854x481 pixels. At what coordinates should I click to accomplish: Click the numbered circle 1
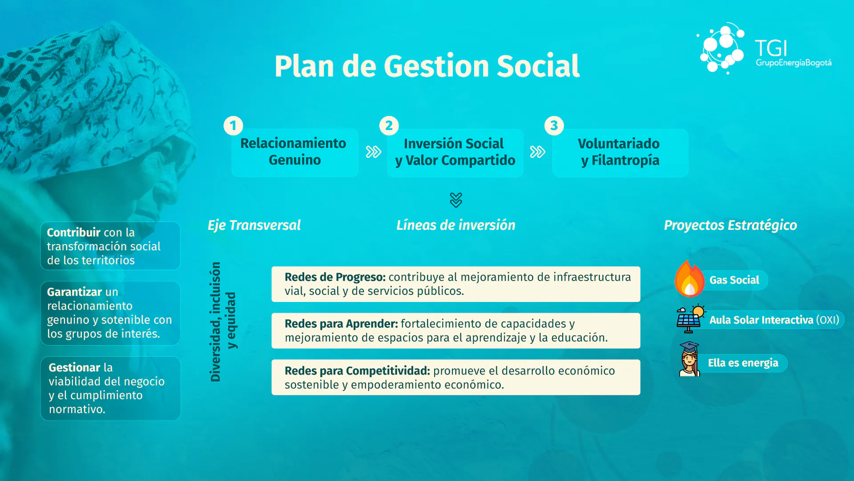click(x=233, y=126)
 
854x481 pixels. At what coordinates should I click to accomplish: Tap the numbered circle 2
click(x=389, y=126)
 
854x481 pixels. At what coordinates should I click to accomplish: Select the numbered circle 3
click(x=554, y=126)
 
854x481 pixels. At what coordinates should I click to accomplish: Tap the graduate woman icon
click(x=689, y=359)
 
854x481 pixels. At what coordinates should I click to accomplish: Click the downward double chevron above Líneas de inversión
click(x=456, y=200)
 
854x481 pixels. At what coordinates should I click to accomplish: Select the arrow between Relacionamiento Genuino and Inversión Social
click(x=374, y=152)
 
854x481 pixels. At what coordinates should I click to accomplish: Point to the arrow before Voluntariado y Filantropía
click(x=537, y=152)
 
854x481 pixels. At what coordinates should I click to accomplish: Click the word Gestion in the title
click(x=436, y=66)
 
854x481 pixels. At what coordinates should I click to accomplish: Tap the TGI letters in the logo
click(x=771, y=48)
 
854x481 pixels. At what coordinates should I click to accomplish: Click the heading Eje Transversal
click(x=254, y=225)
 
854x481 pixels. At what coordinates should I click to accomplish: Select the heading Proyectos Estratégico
click(x=730, y=225)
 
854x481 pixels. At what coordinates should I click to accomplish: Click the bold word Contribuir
click(x=73, y=232)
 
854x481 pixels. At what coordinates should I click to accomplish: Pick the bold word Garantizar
click(x=74, y=292)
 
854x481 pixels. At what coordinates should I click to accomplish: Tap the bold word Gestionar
click(x=74, y=367)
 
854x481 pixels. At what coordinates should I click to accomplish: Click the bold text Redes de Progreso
click(x=335, y=277)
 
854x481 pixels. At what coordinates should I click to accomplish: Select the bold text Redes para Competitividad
click(x=357, y=371)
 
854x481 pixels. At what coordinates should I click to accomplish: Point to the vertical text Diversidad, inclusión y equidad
click(x=223, y=322)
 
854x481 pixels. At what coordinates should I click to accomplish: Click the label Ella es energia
click(x=743, y=363)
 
